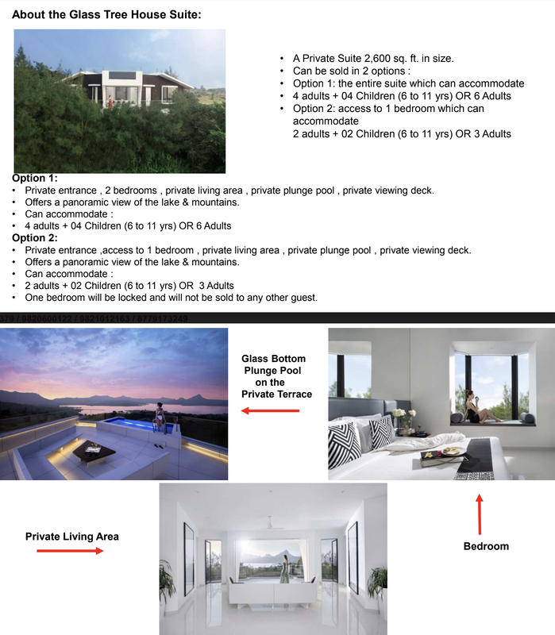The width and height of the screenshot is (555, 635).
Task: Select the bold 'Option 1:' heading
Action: click(34, 179)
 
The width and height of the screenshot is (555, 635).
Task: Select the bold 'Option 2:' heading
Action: click(34, 238)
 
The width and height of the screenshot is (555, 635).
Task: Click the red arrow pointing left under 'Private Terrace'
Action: click(270, 410)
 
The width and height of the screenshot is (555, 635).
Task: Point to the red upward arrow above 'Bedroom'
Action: click(479, 514)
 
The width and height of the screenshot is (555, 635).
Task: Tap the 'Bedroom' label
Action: click(486, 546)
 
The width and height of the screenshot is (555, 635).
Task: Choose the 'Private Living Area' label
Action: click(71, 537)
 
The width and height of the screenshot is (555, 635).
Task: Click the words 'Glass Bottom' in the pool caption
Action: click(273, 359)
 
